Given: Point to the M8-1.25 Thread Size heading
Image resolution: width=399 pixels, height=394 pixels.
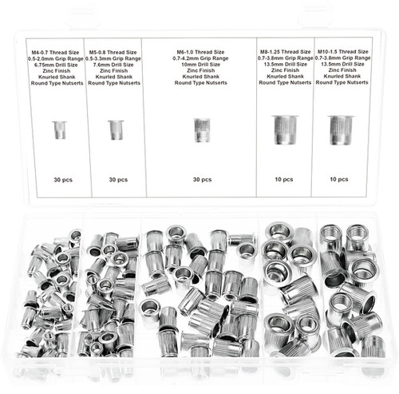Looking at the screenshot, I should tap(285, 50).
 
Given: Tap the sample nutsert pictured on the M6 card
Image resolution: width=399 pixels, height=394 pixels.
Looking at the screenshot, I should tap(202, 129).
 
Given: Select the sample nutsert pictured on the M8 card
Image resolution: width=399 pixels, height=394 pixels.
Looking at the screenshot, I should tap(285, 129).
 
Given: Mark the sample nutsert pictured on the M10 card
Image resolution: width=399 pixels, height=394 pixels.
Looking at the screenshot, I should tap(341, 129).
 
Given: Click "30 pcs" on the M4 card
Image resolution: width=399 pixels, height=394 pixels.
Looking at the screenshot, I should tap(59, 179).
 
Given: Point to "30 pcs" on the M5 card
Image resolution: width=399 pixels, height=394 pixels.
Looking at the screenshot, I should tap(117, 179).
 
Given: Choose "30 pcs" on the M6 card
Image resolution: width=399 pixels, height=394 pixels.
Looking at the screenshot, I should tap(202, 179).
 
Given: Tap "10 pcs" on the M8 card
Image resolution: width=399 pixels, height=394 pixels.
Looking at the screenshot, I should tap(285, 179).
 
